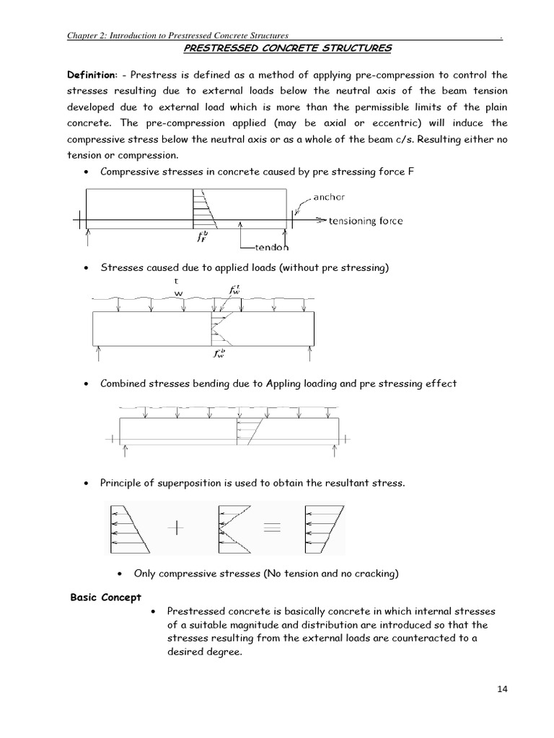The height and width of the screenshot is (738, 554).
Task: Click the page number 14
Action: [x=503, y=689]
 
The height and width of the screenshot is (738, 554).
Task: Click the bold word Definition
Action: [x=91, y=75]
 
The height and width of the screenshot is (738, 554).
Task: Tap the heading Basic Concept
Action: [x=105, y=597]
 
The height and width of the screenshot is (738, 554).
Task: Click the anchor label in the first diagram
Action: [x=329, y=197]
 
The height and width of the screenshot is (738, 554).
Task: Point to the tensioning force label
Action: [x=366, y=221]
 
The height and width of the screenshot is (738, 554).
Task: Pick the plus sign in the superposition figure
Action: [x=176, y=528]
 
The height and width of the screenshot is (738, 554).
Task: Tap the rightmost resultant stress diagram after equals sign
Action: [x=324, y=528]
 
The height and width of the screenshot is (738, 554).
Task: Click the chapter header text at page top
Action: [x=177, y=35]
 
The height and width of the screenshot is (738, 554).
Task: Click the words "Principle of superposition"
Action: [x=162, y=483]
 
